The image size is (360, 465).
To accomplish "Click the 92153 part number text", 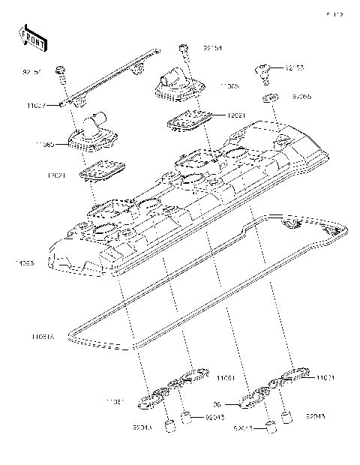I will click(x=294, y=68).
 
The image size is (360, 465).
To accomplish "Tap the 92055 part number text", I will click(x=302, y=97).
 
